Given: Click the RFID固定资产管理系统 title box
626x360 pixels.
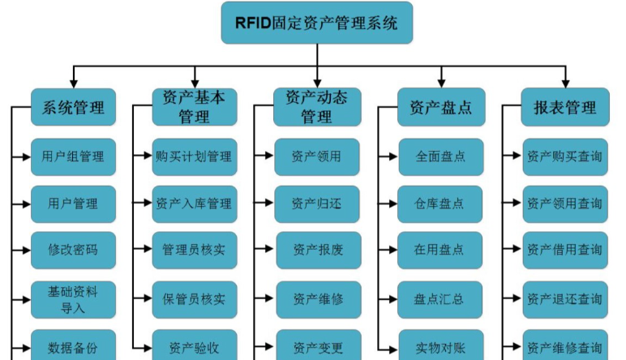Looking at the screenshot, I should pyautogui.click(x=316, y=23).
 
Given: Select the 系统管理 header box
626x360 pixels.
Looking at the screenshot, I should pyautogui.click(x=73, y=107).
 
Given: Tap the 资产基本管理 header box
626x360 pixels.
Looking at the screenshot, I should pyautogui.click(x=194, y=107).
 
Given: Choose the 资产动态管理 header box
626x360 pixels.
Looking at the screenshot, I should pyautogui.click(x=316, y=107).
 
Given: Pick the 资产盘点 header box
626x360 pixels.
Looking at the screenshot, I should pyautogui.click(x=440, y=107).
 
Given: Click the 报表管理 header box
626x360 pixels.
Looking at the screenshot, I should pyautogui.click(x=565, y=107).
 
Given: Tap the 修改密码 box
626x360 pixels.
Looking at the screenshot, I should pyautogui.click(x=73, y=250).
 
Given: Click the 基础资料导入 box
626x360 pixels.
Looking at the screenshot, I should pyautogui.click(x=73, y=298).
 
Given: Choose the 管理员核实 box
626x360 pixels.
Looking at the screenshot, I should pyautogui.click(x=194, y=250).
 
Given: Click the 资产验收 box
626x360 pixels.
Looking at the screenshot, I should pyautogui.click(x=194, y=347).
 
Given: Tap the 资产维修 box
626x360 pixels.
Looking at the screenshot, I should pyautogui.click(x=316, y=298).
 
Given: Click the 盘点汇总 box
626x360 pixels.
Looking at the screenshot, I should pyautogui.click(x=440, y=298).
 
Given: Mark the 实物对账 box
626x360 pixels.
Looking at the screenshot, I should pyautogui.click(x=440, y=347).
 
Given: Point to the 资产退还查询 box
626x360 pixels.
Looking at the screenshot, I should pyautogui.click(x=565, y=298).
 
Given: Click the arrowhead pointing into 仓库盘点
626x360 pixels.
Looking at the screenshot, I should pyautogui.click(x=392, y=204).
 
